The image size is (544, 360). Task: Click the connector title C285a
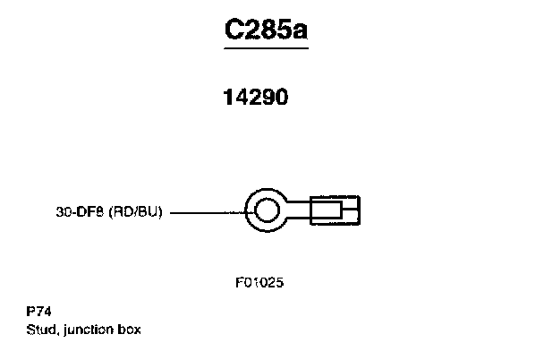coord(267,30)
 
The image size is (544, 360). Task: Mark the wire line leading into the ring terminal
coord(206,213)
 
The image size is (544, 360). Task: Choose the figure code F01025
coord(260,282)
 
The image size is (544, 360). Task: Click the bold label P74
coord(38,313)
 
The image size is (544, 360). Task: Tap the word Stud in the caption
coord(41,329)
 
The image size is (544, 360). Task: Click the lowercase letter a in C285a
coord(302,32)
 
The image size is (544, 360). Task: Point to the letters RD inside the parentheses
coord(123,213)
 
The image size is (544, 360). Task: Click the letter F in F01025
coord(240,282)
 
